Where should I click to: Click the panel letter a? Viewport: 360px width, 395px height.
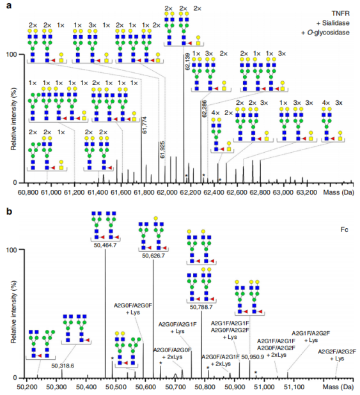point(9,5)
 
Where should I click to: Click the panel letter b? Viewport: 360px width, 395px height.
point(10,211)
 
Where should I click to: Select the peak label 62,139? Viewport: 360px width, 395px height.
point(187,61)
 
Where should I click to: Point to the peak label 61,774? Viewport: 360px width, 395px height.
point(145,125)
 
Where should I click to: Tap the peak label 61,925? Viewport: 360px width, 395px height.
point(162,150)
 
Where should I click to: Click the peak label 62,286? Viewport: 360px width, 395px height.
point(204,109)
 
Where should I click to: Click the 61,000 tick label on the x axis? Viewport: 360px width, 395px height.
point(51,193)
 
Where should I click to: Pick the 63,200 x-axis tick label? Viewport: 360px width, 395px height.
point(307,193)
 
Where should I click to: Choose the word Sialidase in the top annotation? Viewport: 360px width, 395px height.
point(336,23)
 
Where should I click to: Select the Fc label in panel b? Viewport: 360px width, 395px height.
point(345,229)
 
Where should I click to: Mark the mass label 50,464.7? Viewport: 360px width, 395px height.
point(105,245)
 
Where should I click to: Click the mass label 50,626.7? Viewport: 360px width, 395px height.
point(153,256)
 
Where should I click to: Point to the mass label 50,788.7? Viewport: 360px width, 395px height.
point(201,307)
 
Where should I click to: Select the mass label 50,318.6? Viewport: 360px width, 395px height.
point(63,366)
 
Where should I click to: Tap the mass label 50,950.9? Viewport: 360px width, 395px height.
point(253,357)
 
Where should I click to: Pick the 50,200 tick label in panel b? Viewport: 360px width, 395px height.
point(25,387)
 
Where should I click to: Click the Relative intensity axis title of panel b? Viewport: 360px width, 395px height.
point(13,312)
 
